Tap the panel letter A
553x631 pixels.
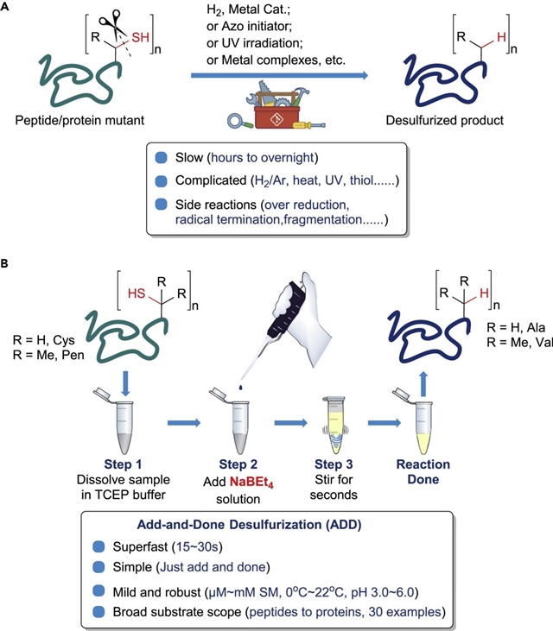click(x=8, y=7)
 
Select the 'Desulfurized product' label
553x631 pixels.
click(x=454, y=120)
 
